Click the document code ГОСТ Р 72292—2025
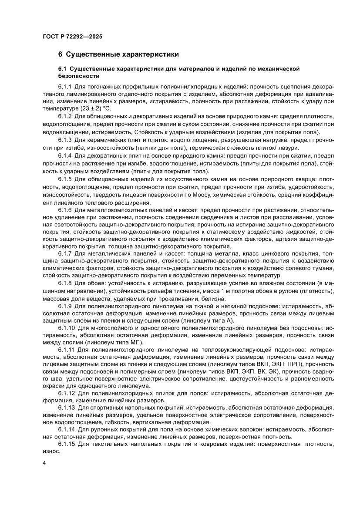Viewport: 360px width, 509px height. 73,37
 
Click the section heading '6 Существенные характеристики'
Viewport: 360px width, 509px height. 118,55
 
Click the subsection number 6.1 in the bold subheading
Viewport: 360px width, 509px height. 63,69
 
